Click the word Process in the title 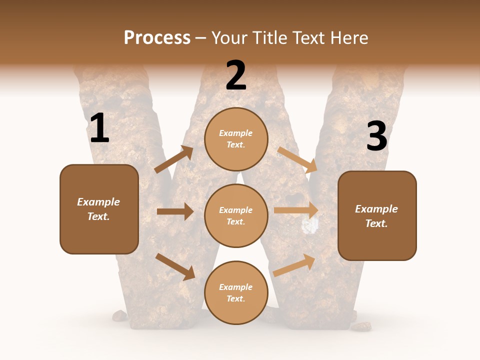157,38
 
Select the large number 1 99,128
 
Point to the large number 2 236,75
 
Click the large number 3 376,136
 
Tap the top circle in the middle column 236,139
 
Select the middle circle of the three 236,215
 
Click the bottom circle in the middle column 236,292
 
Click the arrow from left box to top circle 174,159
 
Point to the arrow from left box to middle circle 175,211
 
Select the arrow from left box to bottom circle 175,266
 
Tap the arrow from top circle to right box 296,159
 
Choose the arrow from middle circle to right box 296,210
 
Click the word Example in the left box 98,202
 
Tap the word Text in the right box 376,223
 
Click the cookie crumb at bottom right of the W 360,326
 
